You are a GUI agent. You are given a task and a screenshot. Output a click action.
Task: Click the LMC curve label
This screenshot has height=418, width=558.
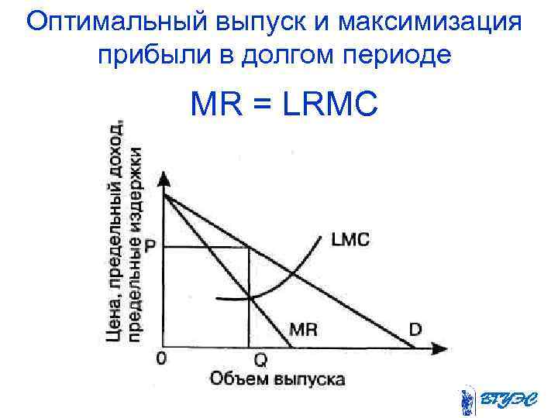[x=350, y=241]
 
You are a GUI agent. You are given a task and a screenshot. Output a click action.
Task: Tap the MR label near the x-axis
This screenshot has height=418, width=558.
[x=303, y=329]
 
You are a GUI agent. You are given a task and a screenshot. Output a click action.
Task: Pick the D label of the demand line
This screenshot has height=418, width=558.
[x=415, y=330]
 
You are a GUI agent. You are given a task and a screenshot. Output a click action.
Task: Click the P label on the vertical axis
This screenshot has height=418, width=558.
[x=150, y=246]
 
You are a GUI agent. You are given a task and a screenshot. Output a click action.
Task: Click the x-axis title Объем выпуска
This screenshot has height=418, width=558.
[x=277, y=379]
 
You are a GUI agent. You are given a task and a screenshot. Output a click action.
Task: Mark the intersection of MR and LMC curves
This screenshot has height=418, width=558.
[x=248, y=297]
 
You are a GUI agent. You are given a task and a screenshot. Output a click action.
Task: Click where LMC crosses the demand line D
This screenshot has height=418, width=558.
[x=292, y=273]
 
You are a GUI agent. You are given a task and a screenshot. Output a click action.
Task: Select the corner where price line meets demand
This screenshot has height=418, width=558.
[x=248, y=247]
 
